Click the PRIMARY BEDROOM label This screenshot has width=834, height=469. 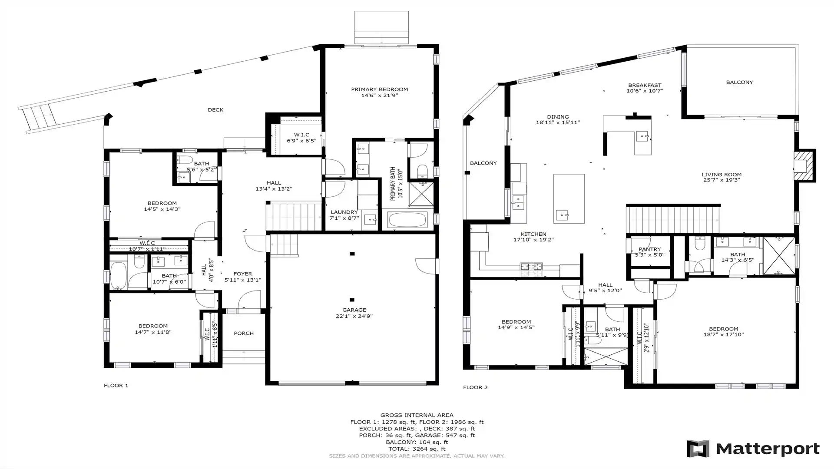click(379, 89)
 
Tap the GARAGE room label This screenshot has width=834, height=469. click(354, 310)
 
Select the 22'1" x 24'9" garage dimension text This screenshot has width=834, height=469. click(354, 316)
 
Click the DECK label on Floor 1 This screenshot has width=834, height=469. click(215, 110)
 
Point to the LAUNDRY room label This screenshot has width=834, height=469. click(344, 212)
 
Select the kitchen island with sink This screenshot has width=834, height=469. click(569, 198)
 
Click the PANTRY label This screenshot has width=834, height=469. click(650, 249)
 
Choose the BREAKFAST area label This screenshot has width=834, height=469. click(645, 86)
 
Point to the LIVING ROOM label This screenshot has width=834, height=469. click(721, 175)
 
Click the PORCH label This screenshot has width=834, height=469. click(244, 334)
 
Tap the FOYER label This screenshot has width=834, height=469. click(243, 274)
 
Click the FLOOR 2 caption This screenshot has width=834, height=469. click(475, 387)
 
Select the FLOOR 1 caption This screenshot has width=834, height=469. click(116, 386)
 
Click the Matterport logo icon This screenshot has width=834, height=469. click(698, 449)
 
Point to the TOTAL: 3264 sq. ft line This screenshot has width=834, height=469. click(417, 449)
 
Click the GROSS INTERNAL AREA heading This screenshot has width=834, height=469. click(417, 415)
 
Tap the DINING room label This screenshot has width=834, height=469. click(558, 117)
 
